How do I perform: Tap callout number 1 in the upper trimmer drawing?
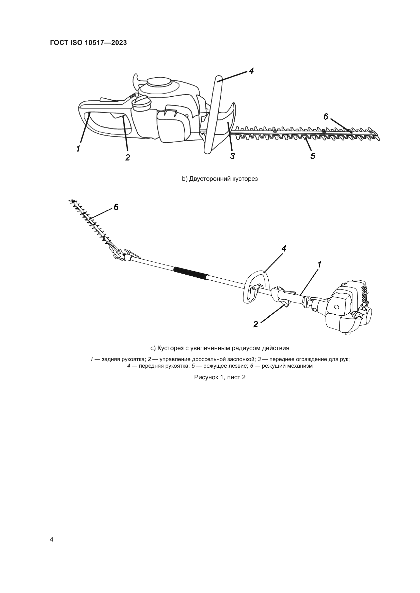coord(78,149)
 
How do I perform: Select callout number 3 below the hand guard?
coord(232,156)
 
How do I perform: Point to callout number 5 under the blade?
coord(313,156)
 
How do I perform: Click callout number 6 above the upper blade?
coord(326,117)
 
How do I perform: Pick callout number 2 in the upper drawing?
coord(127,157)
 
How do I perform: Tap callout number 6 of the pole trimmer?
coord(116,207)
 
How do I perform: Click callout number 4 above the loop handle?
coord(284,248)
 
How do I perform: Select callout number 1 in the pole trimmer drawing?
coord(319,264)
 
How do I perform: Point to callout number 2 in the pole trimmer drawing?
coord(255,325)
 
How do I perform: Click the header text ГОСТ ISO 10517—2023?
coord(88,43)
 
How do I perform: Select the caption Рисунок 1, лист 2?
coord(220,377)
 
